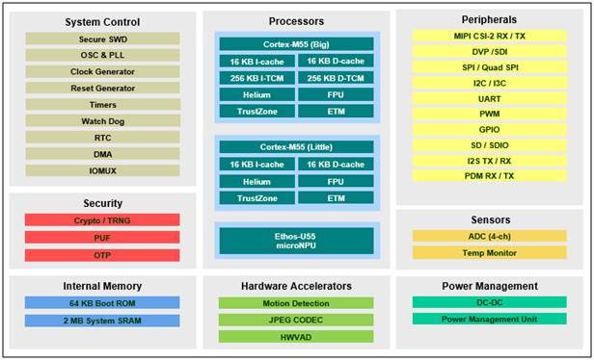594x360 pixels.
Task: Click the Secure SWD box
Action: point(102,39)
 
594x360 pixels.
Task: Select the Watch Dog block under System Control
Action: point(102,121)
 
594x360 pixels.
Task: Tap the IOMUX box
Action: point(102,170)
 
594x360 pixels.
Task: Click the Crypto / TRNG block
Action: point(102,220)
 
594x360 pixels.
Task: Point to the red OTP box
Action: point(102,255)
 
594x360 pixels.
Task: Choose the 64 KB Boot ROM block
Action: point(102,303)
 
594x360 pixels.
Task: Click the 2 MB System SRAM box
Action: point(102,321)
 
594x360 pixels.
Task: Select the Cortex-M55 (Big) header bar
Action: point(297,44)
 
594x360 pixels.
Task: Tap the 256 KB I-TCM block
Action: point(256,78)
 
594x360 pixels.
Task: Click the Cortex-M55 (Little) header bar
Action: point(297,147)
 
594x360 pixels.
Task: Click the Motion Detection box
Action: point(297,303)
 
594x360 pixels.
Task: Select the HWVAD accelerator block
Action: point(297,337)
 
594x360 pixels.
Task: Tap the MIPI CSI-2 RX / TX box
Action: point(489,37)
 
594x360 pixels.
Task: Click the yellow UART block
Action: point(489,98)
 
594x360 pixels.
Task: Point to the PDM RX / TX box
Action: point(489,175)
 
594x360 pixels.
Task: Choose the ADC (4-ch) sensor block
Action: point(489,236)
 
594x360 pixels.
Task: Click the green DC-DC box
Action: point(489,302)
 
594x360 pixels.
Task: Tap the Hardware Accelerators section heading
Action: point(297,286)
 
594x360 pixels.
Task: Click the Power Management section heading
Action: point(489,286)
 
